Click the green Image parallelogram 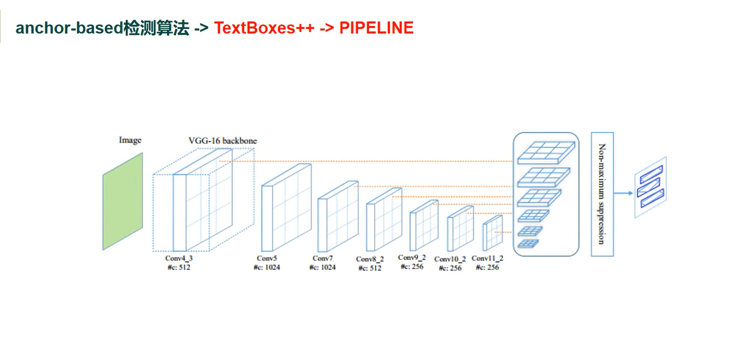click(x=122, y=201)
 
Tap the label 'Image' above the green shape click(x=130, y=140)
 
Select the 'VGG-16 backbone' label click(x=223, y=141)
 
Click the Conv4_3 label click(x=179, y=258)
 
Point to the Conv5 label click(x=267, y=258)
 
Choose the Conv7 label click(x=323, y=259)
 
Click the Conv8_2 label click(x=370, y=259)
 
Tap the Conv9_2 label click(x=412, y=257)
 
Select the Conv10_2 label click(x=450, y=259)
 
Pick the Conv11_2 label click(x=488, y=258)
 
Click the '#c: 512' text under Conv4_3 click(x=179, y=267)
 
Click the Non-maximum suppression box click(x=602, y=194)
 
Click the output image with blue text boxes click(x=650, y=187)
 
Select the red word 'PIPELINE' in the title click(x=376, y=28)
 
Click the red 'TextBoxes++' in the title click(x=264, y=28)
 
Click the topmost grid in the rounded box click(x=546, y=152)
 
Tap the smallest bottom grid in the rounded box click(x=528, y=243)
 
